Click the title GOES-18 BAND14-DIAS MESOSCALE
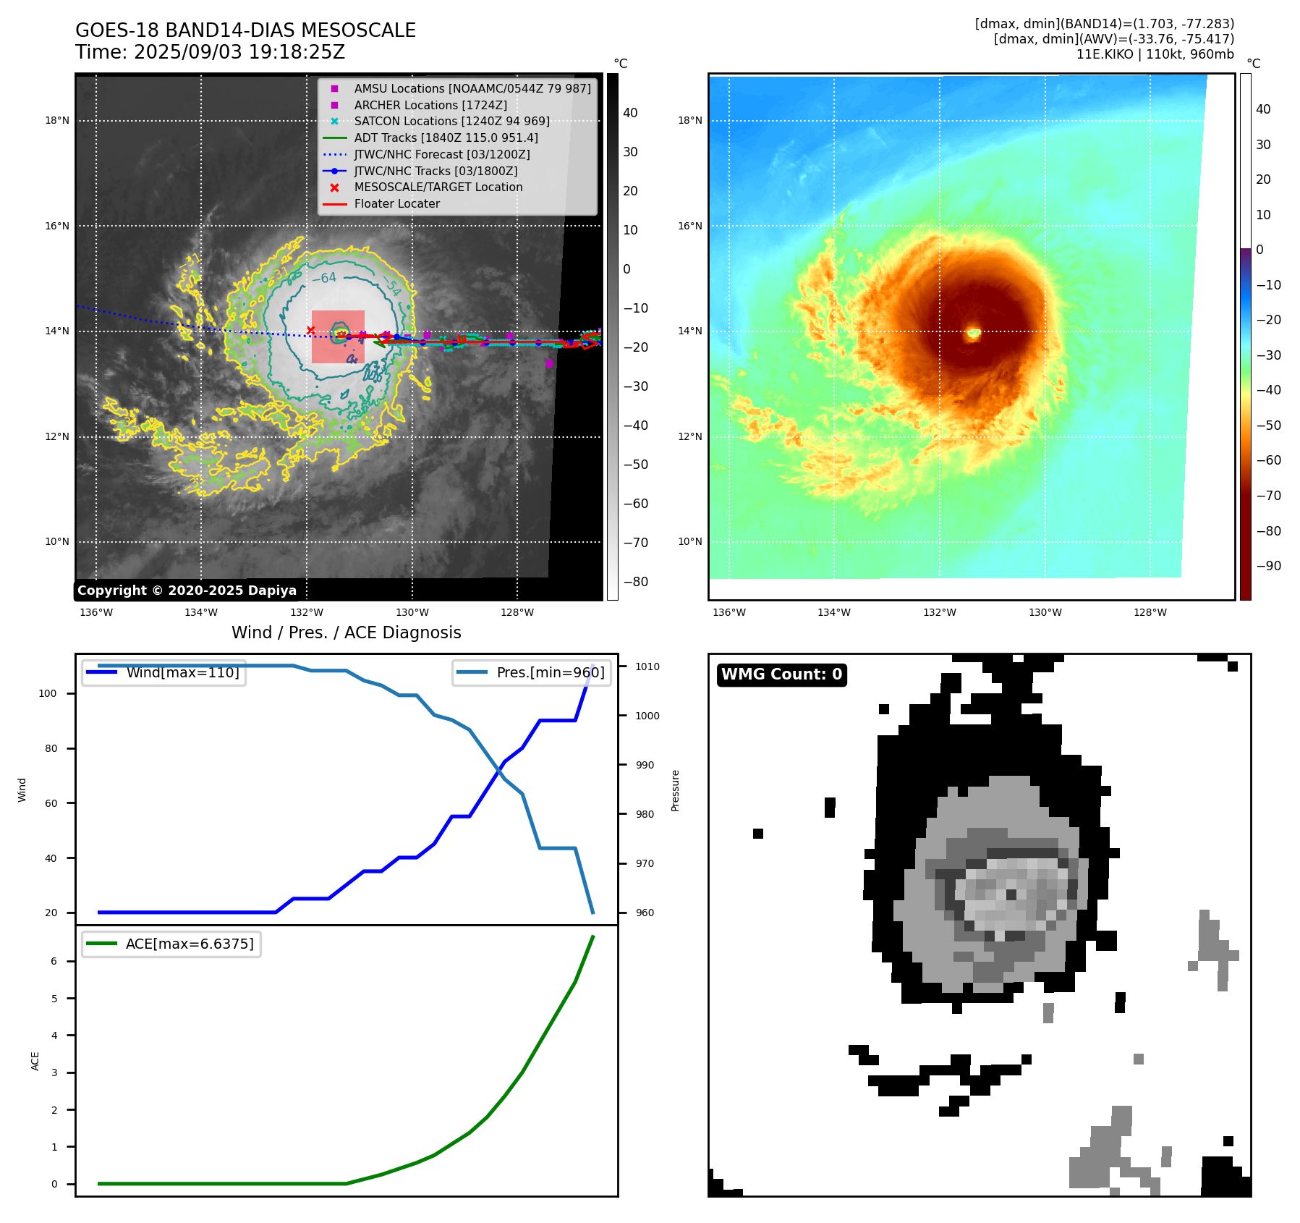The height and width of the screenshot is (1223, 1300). click(x=245, y=30)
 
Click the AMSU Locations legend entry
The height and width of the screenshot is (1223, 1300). click(x=472, y=88)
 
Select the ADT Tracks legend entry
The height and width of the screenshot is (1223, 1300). click(x=446, y=137)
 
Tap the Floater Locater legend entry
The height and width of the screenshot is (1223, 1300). click(x=396, y=203)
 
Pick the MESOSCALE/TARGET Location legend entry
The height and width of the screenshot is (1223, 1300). click(x=438, y=187)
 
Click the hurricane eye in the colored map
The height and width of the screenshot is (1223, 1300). click(x=973, y=333)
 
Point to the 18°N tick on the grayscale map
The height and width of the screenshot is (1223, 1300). click(x=57, y=121)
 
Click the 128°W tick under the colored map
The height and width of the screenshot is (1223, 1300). click(x=1150, y=612)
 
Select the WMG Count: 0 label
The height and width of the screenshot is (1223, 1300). click(x=781, y=674)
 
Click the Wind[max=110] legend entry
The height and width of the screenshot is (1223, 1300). click(x=182, y=672)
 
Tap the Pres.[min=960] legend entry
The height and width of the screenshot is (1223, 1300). click(x=550, y=672)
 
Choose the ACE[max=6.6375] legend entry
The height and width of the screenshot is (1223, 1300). click(x=190, y=944)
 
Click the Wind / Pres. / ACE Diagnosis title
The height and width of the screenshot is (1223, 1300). click(x=346, y=632)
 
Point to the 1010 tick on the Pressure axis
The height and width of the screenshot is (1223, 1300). click(x=647, y=666)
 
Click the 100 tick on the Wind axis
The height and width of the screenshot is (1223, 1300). click(x=48, y=693)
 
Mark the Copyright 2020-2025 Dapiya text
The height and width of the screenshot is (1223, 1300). click(x=187, y=591)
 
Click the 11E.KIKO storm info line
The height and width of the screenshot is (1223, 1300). click(x=1155, y=54)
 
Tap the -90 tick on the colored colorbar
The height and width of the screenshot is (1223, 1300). click(x=1268, y=566)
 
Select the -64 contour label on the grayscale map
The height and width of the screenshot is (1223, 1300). click(x=324, y=279)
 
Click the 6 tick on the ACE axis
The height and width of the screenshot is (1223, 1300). click(x=54, y=961)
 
